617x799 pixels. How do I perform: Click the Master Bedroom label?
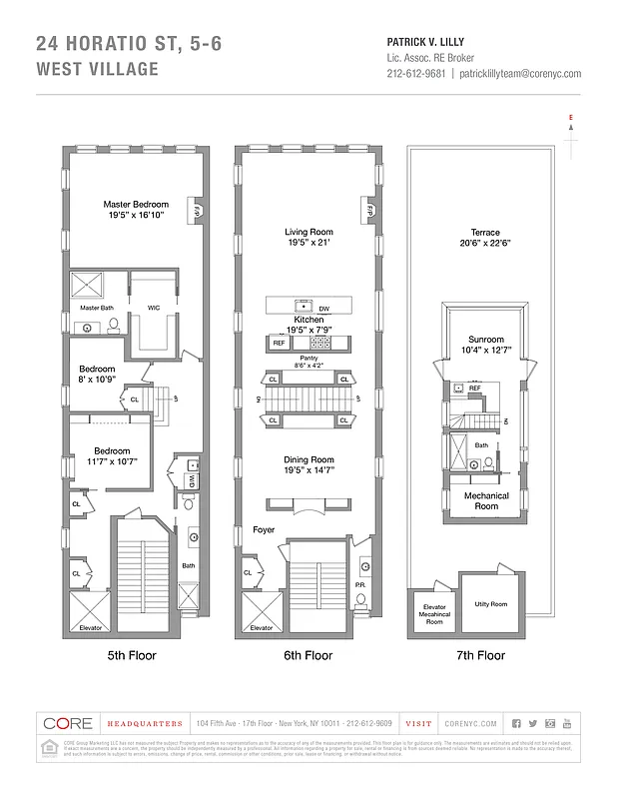click(136, 204)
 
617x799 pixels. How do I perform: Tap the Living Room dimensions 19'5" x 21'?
click(308, 242)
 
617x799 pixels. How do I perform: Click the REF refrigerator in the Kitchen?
click(280, 343)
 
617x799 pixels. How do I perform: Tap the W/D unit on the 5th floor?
click(190, 480)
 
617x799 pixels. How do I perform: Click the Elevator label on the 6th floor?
click(261, 627)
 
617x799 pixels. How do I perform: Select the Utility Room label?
click(490, 604)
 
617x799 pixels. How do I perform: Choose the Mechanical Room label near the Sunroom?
click(486, 501)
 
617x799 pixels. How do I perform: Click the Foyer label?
click(263, 530)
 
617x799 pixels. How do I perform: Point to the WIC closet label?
click(154, 308)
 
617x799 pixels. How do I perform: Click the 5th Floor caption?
click(135, 656)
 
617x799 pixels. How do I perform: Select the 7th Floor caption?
click(480, 656)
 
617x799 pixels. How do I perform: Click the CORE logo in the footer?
click(68, 723)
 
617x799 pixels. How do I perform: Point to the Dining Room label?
click(308, 459)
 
